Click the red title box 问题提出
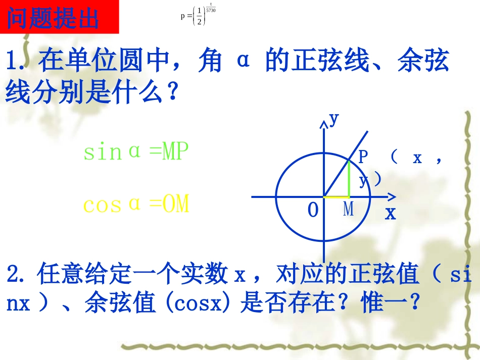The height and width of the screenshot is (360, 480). click(x=59, y=18)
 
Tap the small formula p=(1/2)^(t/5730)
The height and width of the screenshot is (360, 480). click(x=198, y=15)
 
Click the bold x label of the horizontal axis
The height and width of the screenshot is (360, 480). click(x=391, y=213)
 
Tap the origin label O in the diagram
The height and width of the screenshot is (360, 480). click(x=313, y=211)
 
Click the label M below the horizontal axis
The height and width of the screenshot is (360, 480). click(x=349, y=209)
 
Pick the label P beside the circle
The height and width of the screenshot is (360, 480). click(x=363, y=158)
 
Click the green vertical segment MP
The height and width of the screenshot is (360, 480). click(x=349, y=178)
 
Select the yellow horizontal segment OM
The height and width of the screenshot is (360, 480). click(x=337, y=196)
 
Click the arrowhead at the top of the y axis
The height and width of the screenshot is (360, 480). click(x=324, y=124)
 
